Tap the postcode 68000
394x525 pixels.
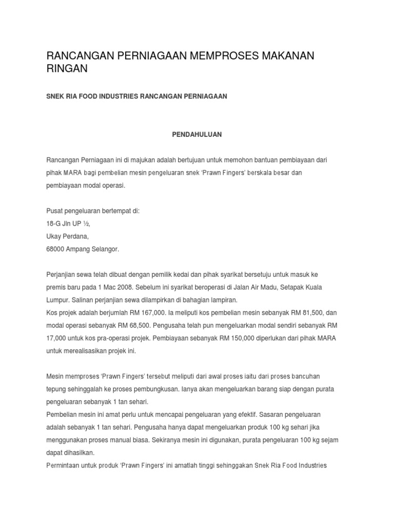pyautogui.click(x=56, y=249)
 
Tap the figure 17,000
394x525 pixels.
pyautogui.click(x=57, y=338)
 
